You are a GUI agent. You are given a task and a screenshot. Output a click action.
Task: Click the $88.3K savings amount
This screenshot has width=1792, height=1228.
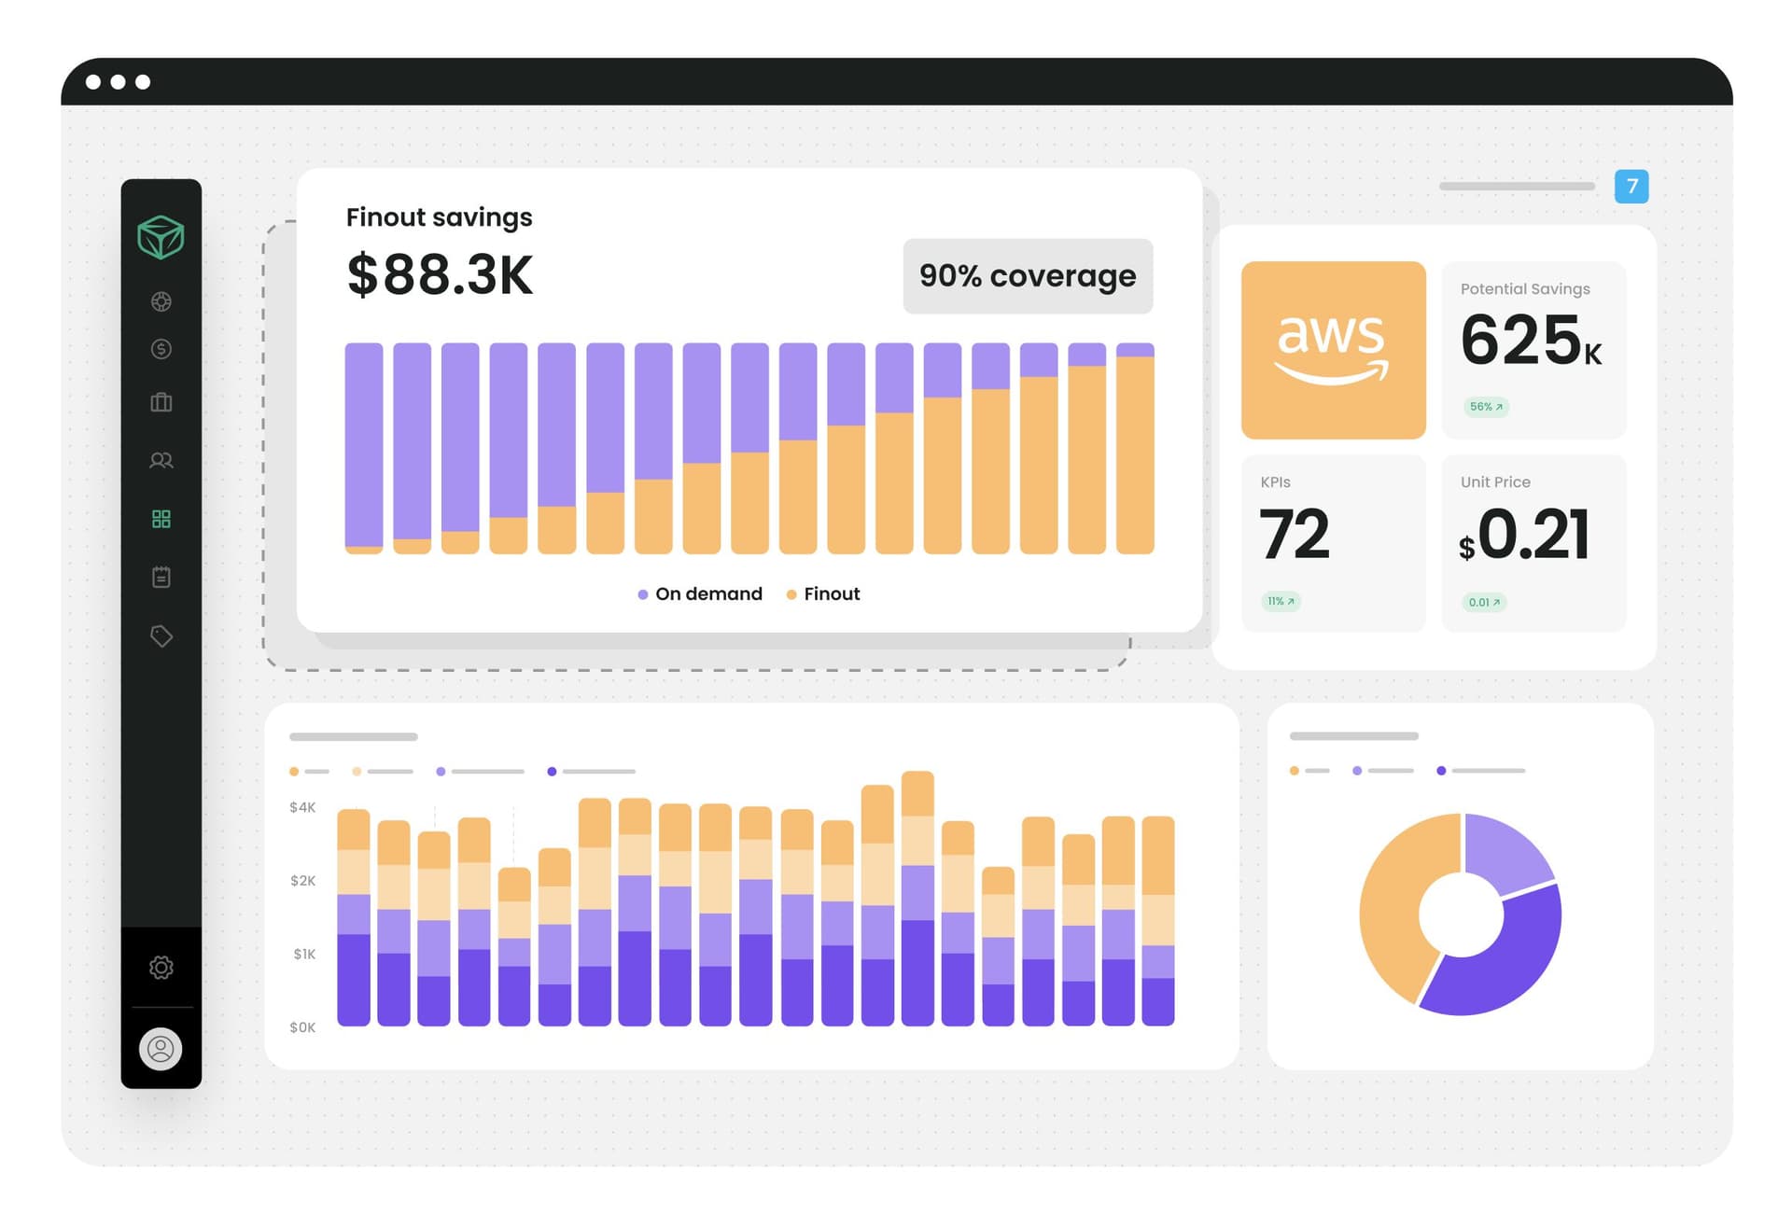pos(440,275)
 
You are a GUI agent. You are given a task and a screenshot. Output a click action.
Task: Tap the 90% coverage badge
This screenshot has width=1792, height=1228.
pos(1028,276)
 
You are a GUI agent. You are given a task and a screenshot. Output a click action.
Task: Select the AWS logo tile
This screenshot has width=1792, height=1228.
pos(1333,350)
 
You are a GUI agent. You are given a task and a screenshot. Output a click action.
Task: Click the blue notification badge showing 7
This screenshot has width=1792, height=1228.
pos(1631,186)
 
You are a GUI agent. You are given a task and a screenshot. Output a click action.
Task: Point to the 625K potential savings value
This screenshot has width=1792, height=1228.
pos(1530,341)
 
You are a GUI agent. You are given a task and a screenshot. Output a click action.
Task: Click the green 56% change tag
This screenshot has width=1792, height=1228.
pos(1486,407)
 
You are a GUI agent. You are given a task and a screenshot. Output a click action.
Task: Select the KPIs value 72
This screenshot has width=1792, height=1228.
pos(1294,535)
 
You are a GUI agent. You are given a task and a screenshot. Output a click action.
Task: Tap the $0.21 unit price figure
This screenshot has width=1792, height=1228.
pos(1525,536)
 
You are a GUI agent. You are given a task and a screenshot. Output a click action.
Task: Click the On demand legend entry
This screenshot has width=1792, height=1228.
pos(700,594)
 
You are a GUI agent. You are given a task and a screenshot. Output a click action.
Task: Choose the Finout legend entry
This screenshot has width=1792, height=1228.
pos(823,594)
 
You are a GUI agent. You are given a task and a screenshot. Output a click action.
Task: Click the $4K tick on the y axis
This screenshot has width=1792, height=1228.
pos(302,807)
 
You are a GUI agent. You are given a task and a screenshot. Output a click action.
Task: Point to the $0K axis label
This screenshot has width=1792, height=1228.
pos(302,1027)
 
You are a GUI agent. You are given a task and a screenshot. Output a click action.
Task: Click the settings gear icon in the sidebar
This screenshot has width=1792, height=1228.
pos(161,968)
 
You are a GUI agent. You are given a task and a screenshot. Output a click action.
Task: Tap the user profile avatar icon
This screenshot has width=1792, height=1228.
pos(161,1049)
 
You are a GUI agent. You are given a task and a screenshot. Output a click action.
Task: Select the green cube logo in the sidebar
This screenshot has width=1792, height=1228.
pos(161,237)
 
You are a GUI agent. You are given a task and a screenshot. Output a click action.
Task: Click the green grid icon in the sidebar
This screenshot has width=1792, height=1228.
pos(161,519)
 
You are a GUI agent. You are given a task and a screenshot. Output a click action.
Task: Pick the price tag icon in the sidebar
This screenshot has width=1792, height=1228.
pos(161,636)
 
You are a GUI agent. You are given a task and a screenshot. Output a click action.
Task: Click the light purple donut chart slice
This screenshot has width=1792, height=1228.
pos(1505,850)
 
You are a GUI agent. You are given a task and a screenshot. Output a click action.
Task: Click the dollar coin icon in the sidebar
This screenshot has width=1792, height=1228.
pos(161,349)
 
